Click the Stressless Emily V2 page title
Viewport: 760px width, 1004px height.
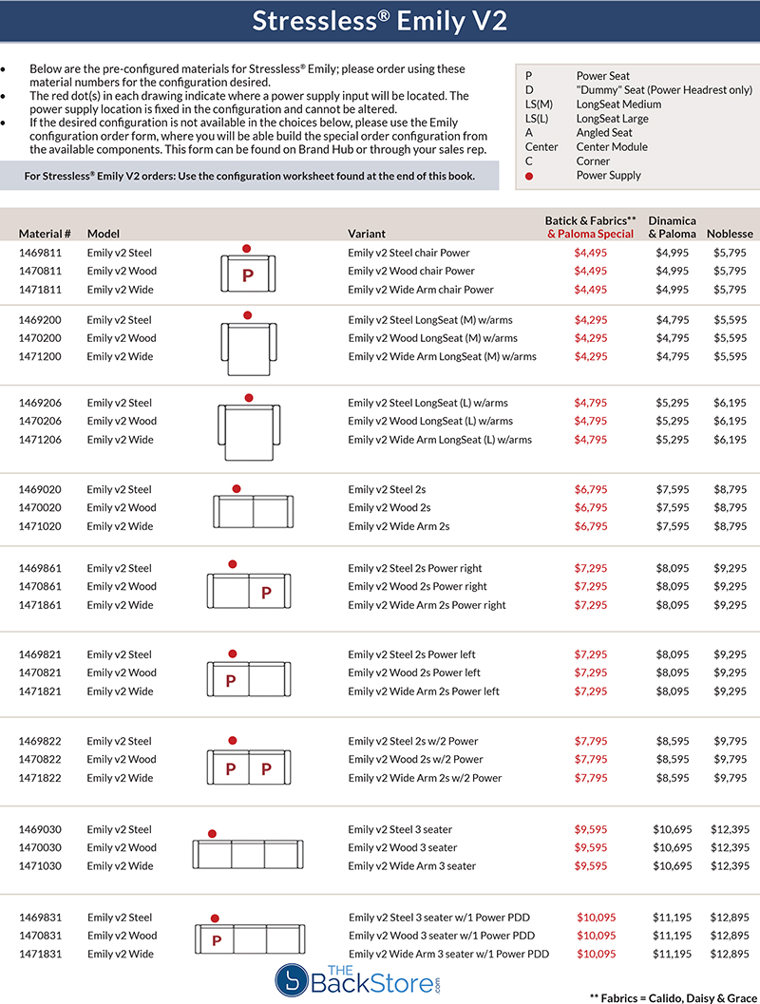(x=379, y=22)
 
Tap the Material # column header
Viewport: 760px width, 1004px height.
(x=45, y=234)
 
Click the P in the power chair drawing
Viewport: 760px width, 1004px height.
(x=248, y=276)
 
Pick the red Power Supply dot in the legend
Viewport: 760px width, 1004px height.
(x=529, y=176)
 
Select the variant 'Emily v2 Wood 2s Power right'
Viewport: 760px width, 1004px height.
(x=418, y=587)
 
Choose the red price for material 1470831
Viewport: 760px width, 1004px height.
(x=597, y=936)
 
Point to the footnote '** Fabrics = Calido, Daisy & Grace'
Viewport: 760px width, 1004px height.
(x=671, y=992)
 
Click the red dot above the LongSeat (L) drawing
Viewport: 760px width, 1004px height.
(x=249, y=398)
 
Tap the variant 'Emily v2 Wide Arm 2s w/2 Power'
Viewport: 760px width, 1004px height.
(x=425, y=778)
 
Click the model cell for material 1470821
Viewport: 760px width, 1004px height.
(x=122, y=672)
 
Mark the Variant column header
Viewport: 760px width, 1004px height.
(x=367, y=234)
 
